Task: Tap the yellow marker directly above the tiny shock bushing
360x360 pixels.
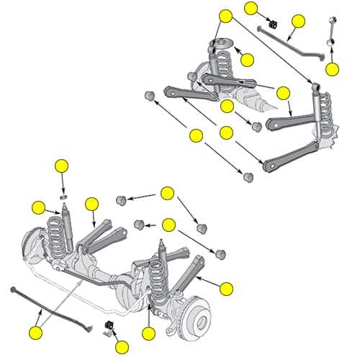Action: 62,166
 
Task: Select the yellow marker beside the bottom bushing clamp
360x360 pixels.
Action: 122,348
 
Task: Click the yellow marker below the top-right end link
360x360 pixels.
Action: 331,69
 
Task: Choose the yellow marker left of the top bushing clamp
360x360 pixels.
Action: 251,8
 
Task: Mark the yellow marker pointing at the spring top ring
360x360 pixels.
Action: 247,60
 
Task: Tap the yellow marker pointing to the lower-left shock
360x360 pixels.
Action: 39,208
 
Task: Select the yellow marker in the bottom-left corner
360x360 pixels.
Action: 36,333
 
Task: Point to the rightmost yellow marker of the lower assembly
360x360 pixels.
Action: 227,289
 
